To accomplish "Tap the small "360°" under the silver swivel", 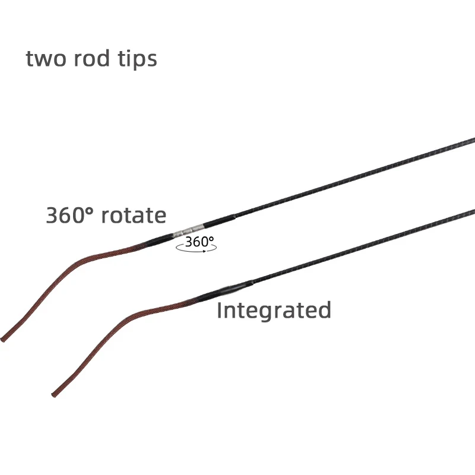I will tap(198, 242).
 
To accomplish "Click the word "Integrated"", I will tap(274, 310).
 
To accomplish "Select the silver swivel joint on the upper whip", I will tap(189, 229).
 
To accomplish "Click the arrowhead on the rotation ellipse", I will tap(204, 251).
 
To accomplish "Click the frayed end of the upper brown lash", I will tap(4, 339).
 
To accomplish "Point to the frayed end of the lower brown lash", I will tap(54, 394).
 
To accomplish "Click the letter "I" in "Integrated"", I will tap(219, 310).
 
